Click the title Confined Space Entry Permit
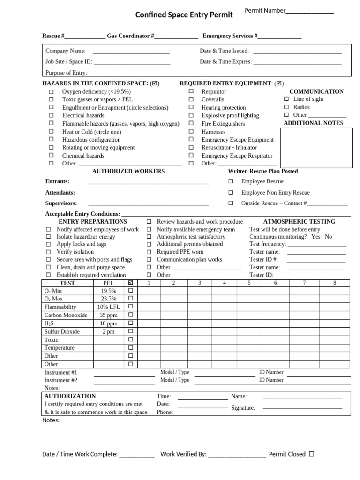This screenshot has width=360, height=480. coord(184,15)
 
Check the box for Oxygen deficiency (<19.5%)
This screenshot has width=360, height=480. coord(51,92)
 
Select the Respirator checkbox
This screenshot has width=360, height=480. coord(191,91)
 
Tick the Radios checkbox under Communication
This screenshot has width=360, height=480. coord(286,107)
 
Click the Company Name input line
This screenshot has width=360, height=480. coord(131,52)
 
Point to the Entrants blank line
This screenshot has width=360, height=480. coord(148,182)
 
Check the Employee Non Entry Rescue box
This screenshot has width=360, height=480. coord(230,193)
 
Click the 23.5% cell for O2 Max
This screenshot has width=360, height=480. coord(108,299)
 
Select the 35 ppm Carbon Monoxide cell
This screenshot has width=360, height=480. coord(108,315)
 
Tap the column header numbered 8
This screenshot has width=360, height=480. coord(334,283)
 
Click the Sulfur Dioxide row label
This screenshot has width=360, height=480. coord(62,331)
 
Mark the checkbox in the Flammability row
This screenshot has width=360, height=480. coord(131,307)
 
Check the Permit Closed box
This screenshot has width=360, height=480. coord(312,454)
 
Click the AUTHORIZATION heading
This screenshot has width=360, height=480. coord(70,396)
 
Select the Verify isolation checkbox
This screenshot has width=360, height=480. coord(48,252)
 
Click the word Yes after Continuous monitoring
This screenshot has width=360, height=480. coord(316,237)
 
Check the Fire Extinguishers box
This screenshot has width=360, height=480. coord(191,124)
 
